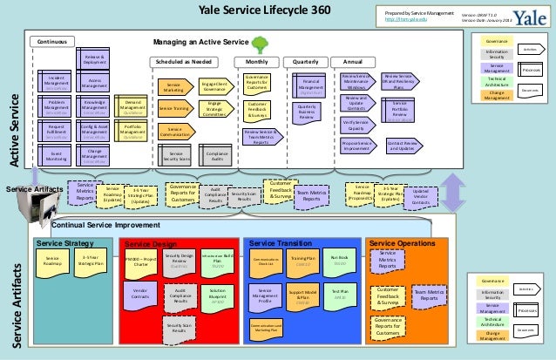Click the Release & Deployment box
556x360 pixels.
[95, 59]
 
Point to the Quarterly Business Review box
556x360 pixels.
[309, 112]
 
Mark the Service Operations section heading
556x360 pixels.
[403, 243]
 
